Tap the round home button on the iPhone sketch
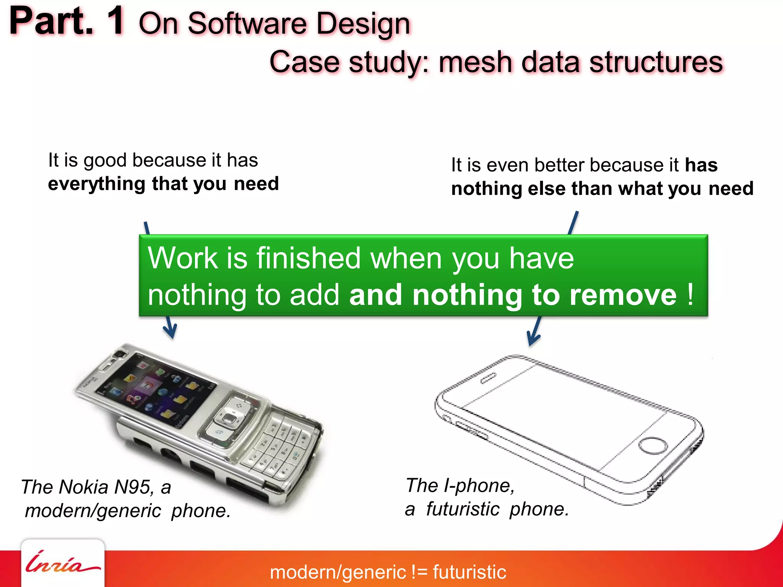(653, 446)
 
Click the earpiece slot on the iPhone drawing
(489, 378)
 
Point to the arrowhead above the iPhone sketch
(533, 338)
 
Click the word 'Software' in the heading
(247, 24)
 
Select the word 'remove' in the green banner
(623, 295)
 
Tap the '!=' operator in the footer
(419, 572)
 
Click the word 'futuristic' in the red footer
(469, 572)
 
